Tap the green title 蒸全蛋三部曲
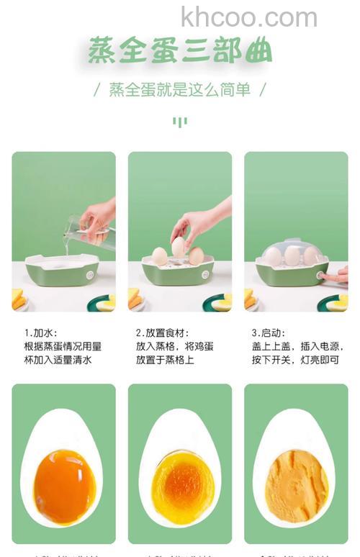click(x=180, y=52)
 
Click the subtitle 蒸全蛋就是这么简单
click(x=180, y=90)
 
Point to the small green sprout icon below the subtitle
click(x=179, y=122)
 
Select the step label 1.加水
click(x=40, y=333)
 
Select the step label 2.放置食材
click(x=163, y=333)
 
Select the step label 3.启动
click(x=269, y=333)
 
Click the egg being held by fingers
click(x=178, y=246)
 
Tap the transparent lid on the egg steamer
click(x=291, y=252)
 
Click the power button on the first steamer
click(x=90, y=274)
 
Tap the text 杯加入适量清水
click(x=58, y=360)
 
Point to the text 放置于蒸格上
click(x=165, y=360)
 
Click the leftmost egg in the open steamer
click(x=159, y=256)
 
